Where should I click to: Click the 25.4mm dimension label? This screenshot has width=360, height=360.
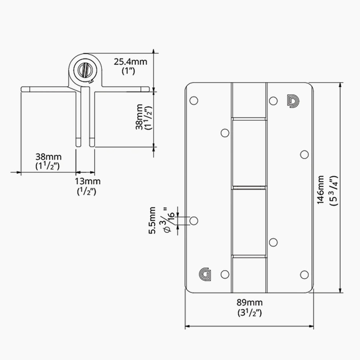coord(130,62)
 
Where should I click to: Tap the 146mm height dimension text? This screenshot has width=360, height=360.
coord(320,190)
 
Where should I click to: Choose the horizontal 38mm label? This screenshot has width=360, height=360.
coord(48,157)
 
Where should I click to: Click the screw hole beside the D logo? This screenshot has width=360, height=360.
coord(273,101)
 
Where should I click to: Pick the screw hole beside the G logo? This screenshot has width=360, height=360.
coord(225,275)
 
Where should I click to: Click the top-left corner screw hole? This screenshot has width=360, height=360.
coord(194,100)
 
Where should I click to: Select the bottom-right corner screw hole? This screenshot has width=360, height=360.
coord(304,275)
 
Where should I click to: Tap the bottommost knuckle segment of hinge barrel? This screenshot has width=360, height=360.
coord(249,274)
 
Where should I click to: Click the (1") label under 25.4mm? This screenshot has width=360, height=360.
coord(128,71)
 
